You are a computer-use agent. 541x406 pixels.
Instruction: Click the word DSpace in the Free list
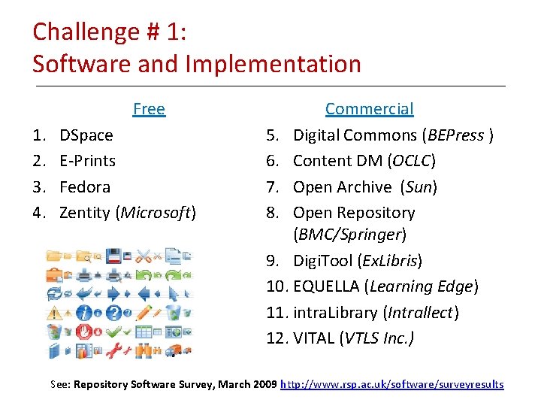tap(86, 135)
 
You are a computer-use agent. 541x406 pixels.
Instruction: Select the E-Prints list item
tap(87, 161)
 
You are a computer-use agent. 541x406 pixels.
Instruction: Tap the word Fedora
tap(85, 186)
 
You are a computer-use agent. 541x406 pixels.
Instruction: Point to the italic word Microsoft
tap(156, 213)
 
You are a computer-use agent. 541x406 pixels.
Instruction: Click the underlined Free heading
tap(149, 109)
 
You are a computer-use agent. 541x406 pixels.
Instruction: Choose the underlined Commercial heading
tap(369, 109)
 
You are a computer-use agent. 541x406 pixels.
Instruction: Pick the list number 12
tap(277, 338)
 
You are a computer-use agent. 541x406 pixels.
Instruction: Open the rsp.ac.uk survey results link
tap(391, 384)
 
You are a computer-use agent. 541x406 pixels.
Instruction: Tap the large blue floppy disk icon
tap(113, 256)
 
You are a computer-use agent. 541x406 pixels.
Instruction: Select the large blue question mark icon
tap(113, 312)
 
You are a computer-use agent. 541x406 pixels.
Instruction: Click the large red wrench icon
tap(113, 350)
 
